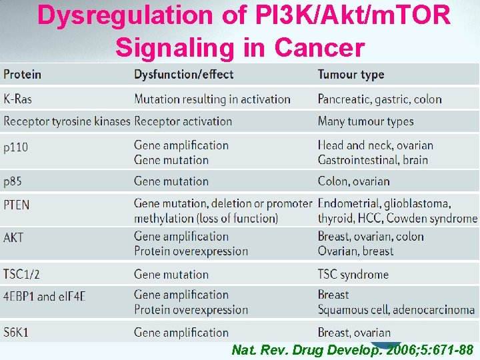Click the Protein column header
click(22, 75)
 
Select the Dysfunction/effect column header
click(183, 75)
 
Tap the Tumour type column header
click(351, 75)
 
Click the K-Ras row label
click(17, 99)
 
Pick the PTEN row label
click(17, 204)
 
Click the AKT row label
click(13, 237)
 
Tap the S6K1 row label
click(16, 332)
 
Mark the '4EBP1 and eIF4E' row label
click(45, 296)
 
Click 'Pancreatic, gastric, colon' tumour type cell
click(379, 99)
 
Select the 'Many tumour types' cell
click(365, 121)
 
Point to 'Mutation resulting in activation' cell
click(212, 99)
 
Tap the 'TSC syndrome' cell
click(353, 274)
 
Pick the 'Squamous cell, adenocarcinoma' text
click(396, 309)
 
